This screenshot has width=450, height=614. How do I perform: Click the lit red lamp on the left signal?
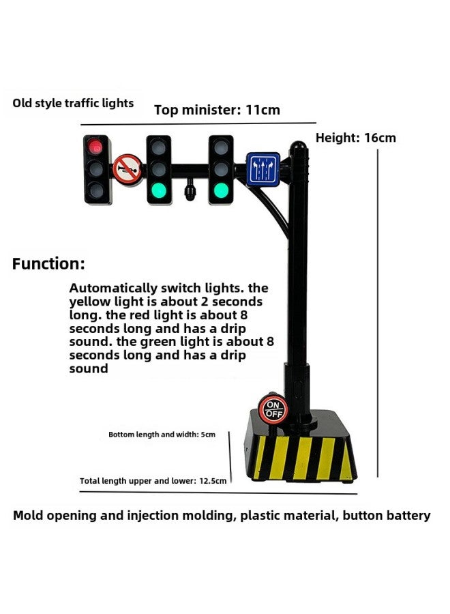point(96,146)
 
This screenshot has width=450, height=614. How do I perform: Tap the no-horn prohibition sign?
point(126,168)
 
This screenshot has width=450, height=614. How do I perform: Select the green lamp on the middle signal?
point(159,190)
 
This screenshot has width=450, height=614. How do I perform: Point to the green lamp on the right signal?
point(220,190)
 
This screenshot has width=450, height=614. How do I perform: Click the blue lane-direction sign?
point(263,168)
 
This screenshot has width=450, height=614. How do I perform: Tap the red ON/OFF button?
point(273,409)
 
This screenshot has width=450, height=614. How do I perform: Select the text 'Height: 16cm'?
point(355,138)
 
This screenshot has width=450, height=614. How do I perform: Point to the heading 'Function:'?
point(48,264)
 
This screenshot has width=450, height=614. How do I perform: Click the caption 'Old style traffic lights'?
point(73,104)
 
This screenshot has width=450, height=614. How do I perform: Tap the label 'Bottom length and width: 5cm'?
point(162,435)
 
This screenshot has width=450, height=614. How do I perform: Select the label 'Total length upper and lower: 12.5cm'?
point(153,481)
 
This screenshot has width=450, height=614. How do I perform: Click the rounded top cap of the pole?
point(298,147)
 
